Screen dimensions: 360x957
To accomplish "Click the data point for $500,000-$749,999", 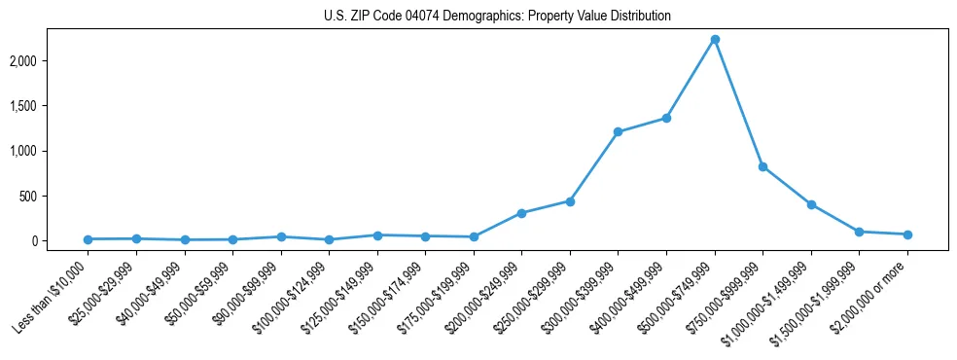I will [x=715, y=39].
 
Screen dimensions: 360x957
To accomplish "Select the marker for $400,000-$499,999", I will [x=666, y=118].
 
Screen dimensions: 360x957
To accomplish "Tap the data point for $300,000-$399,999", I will [x=619, y=131].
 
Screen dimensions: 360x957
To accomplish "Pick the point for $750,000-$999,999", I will [x=763, y=166].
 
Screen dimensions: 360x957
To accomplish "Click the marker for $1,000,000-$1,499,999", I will [x=811, y=204].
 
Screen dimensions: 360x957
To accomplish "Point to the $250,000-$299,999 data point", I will [x=570, y=201].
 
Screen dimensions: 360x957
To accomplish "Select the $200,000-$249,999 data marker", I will [x=522, y=213].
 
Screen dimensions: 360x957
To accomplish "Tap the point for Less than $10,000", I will [x=88, y=239].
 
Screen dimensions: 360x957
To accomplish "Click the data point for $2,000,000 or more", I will [x=907, y=234].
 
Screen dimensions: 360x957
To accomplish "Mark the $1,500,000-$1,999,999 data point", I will [x=860, y=232].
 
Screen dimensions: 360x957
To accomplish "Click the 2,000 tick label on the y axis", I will [x=50, y=61].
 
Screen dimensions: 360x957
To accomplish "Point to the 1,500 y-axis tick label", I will [x=50, y=106].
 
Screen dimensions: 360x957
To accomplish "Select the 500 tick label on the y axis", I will [x=54, y=197].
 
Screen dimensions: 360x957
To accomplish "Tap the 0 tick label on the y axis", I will [x=60, y=241].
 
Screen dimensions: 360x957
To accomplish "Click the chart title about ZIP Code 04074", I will [x=497, y=16].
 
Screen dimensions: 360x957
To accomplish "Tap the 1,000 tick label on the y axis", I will [x=50, y=152].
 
